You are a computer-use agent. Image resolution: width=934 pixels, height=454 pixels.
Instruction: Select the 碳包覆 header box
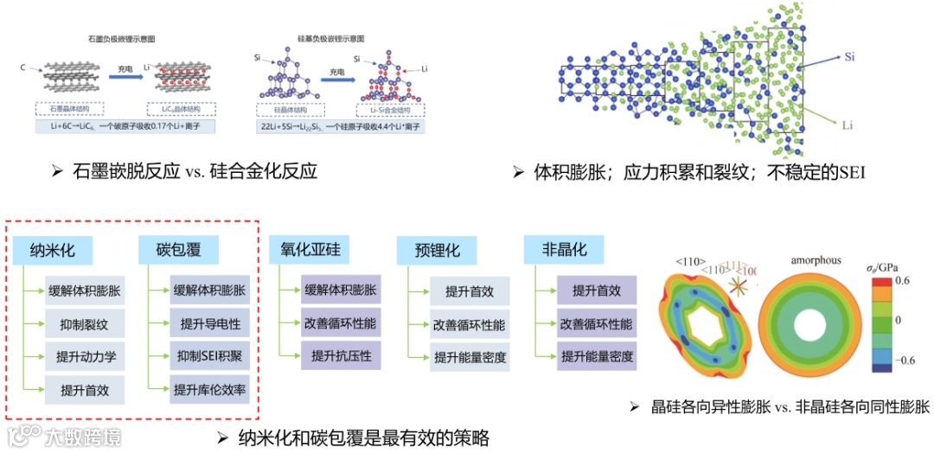click(x=178, y=251)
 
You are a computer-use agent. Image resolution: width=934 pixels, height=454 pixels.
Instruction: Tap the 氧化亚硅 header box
click(x=310, y=251)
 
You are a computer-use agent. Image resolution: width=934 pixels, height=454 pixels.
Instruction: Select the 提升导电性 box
click(x=210, y=325)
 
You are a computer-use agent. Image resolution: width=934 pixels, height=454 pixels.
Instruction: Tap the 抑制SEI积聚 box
click(x=210, y=356)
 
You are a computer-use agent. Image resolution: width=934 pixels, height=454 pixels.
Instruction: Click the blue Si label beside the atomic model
click(x=849, y=57)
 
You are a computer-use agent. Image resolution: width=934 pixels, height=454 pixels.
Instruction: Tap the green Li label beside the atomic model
click(x=848, y=125)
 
